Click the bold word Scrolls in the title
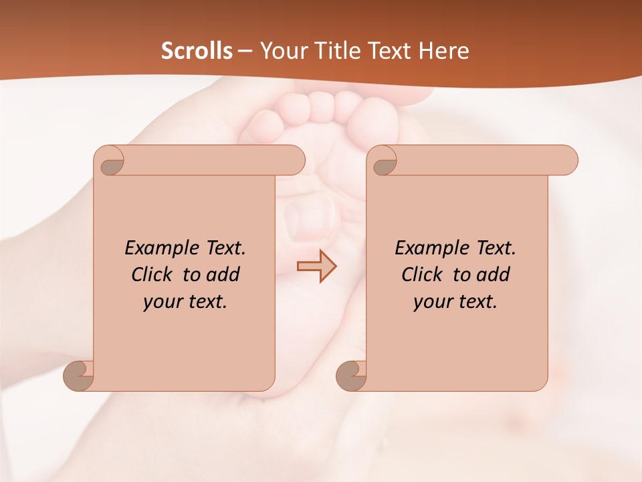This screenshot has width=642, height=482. pyautogui.click(x=197, y=51)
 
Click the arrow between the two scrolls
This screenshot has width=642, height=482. pyautogui.click(x=316, y=266)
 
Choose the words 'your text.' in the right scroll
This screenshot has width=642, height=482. pyautogui.click(x=455, y=302)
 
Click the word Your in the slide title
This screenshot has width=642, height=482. pyautogui.click(x=282, y=51)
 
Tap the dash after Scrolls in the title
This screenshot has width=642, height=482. pyautogui.click(x=245, y=51)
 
